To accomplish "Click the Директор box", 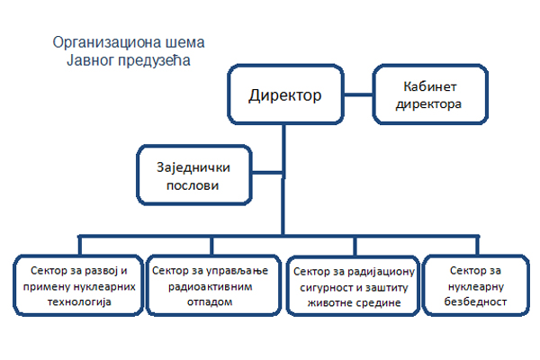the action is (285, 94).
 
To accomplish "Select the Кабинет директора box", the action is (430, 94).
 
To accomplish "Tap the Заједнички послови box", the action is (194, 175).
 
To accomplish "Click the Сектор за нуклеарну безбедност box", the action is (476, 285).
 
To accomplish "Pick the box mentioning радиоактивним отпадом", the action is (213, 285).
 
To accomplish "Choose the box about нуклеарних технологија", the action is (78, 285).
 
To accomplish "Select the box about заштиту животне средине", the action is (353, 285).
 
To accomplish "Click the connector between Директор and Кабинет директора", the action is (358, 94).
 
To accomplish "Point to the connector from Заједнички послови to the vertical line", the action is (268, 172).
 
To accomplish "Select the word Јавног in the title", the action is (90, 60).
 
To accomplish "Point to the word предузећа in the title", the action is (154, 60).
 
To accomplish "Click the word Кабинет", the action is (430, 86).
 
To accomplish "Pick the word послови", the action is (193, 185).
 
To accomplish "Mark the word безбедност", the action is (475, 301).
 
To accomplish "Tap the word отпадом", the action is (210, 302).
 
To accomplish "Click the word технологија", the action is (79, 301).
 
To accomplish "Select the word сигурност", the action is (322, 287).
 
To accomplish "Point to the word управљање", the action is (238, 271).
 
